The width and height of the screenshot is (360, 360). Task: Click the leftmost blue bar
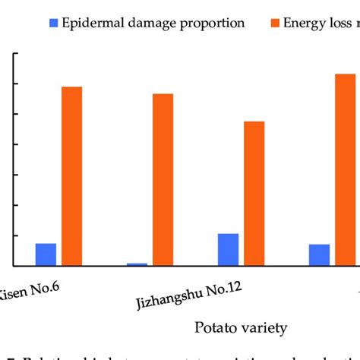[x=46, y=254]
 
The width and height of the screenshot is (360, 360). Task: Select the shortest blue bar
[x=137, y=264]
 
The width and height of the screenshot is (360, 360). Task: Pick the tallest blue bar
[x=228, y=249]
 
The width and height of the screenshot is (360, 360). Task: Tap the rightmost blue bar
[x=320, y=255]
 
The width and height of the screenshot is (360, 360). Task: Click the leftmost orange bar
[x=71, y=176]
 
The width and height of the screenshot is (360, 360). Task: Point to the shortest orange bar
[x=254, y=194]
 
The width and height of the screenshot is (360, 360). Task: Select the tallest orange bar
[x=346, y=169]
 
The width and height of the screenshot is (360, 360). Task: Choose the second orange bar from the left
[x=163, y=179]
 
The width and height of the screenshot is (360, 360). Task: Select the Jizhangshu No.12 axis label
[x=188, y=293]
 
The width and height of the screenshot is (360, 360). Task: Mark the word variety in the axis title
[x=267, y=328]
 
